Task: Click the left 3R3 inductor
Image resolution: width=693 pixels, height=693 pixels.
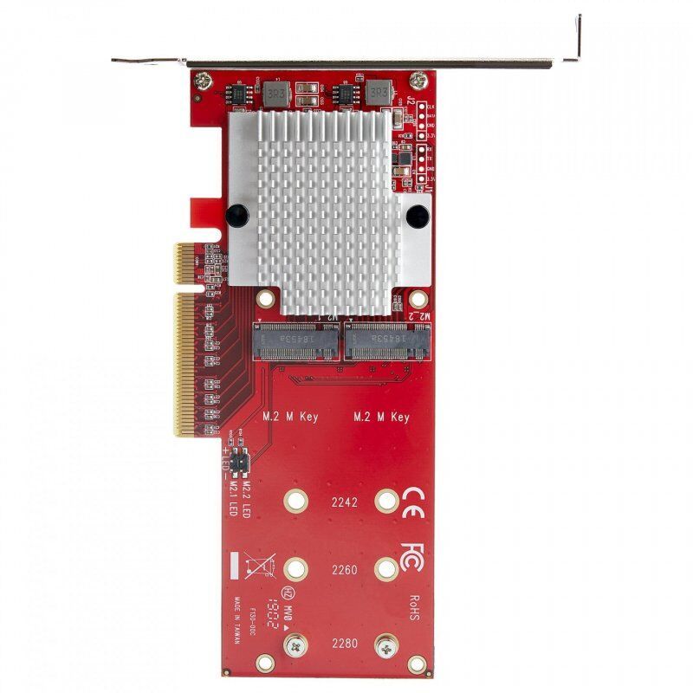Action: tap(275, 93)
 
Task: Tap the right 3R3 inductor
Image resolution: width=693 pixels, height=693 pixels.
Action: tap(378, 93)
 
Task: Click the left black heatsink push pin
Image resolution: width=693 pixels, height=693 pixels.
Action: tap(236, 213)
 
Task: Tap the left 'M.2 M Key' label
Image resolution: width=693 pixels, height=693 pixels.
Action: tap(291, 417)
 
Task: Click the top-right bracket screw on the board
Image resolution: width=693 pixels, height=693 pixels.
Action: tap(418, 80)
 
